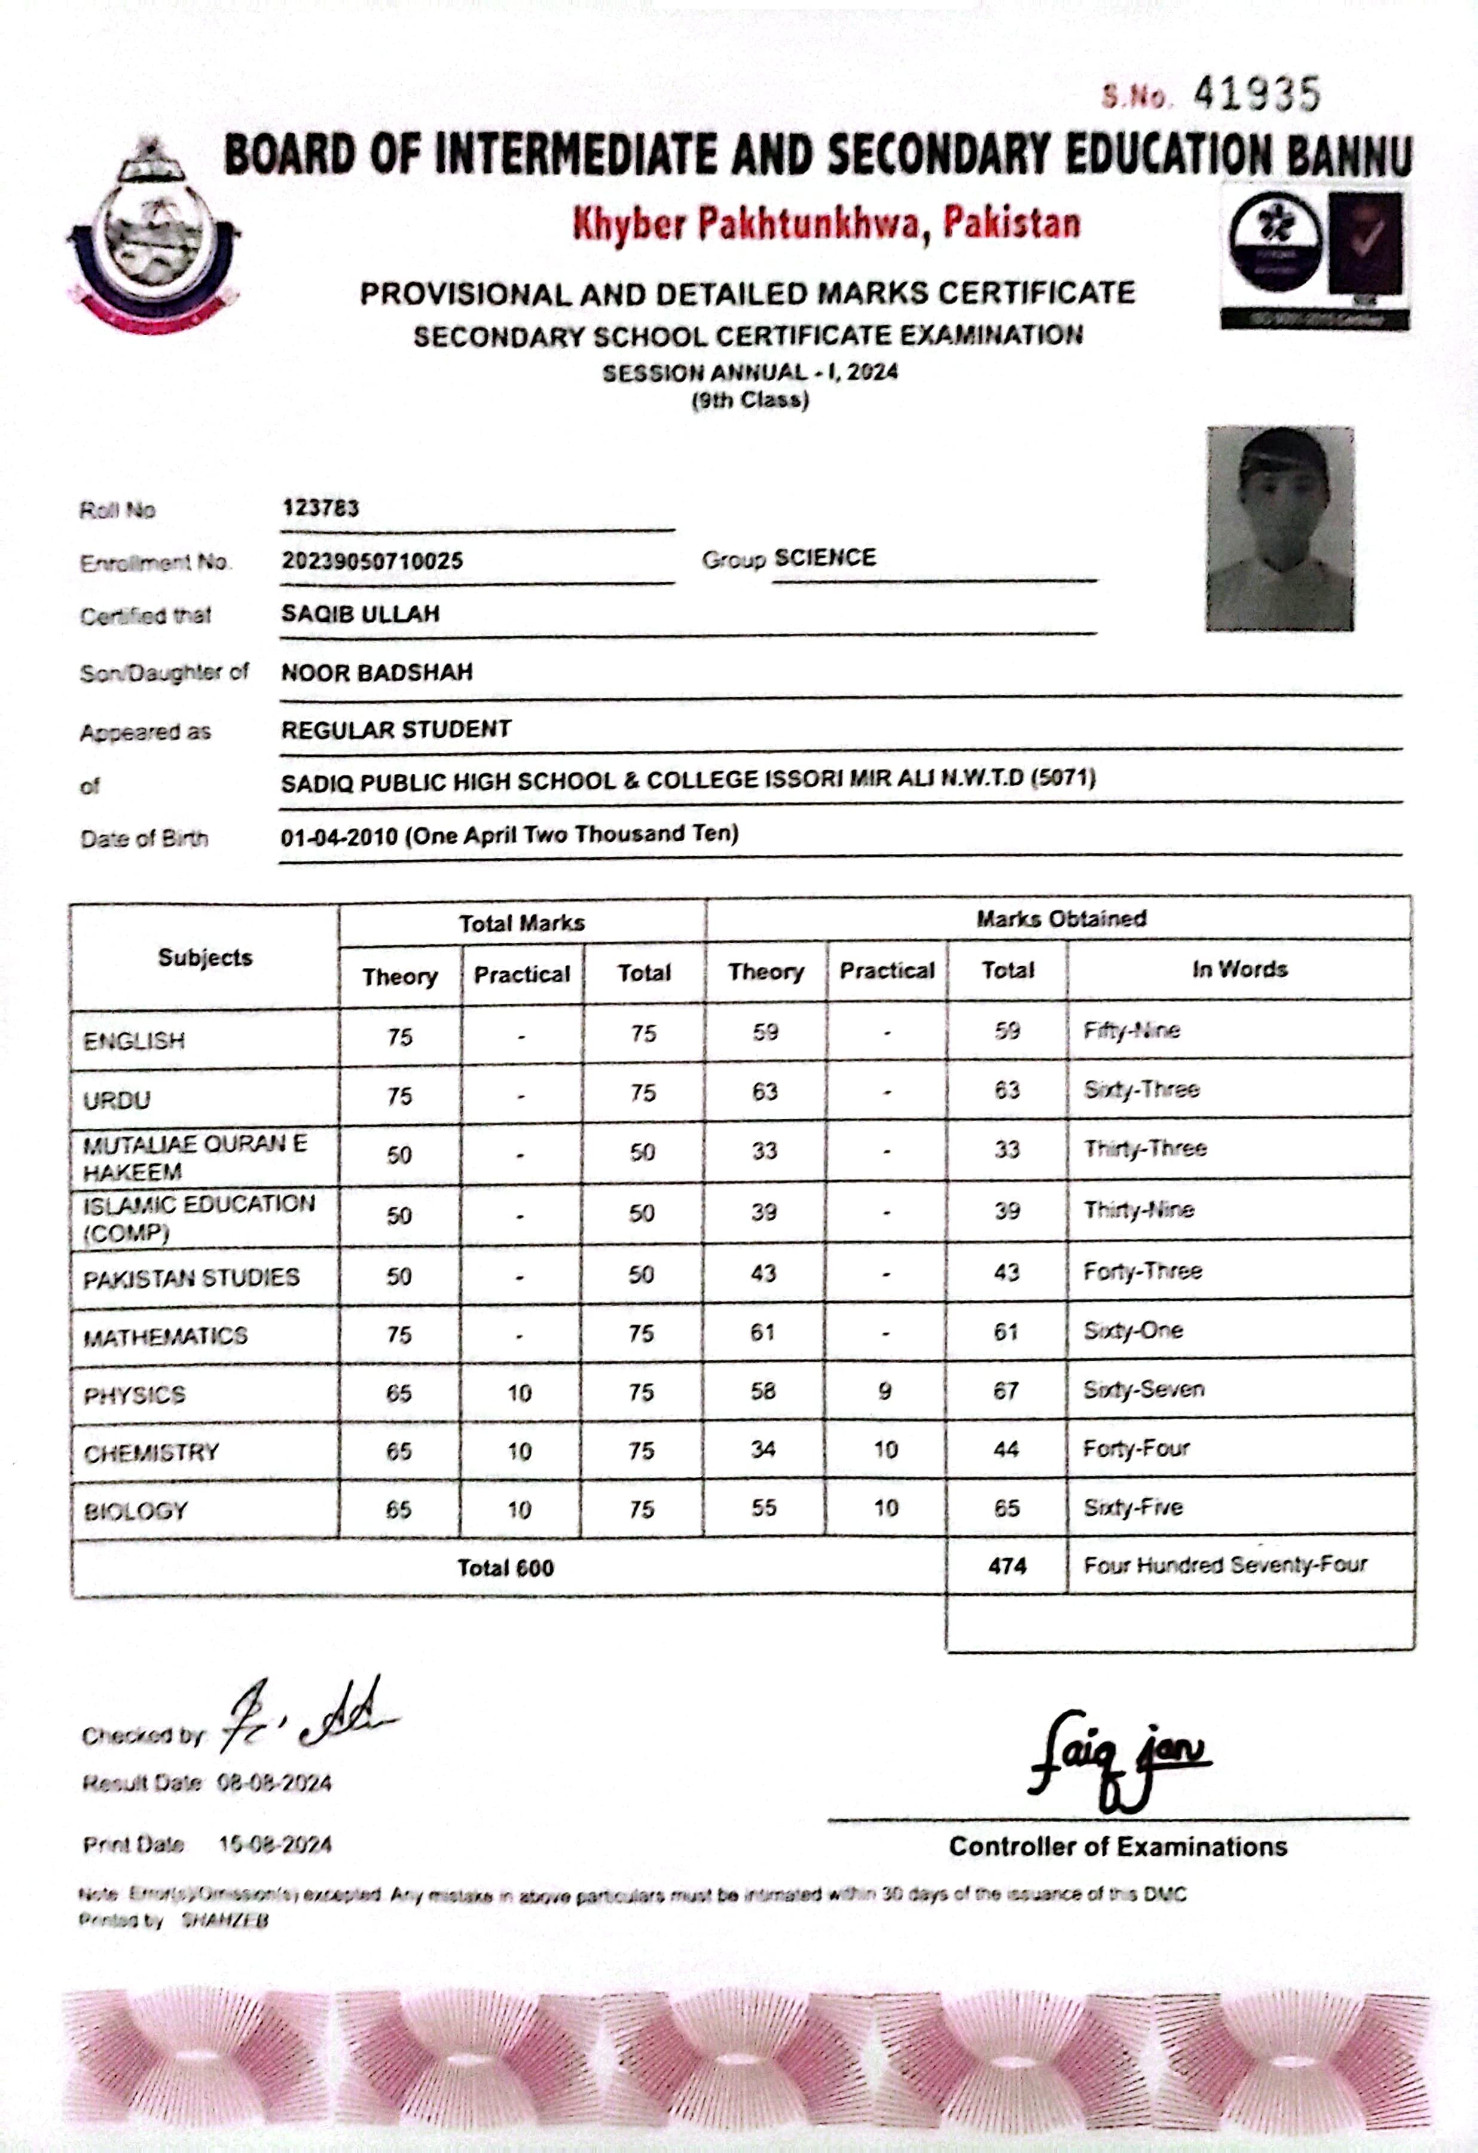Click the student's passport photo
tap(1279, 529)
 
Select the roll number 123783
tap(320, 508)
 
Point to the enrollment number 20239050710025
tap(372, 560)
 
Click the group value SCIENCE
tap(824, 558)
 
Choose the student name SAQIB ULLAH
tap(361, 613)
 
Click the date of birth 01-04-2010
tap(338, 836)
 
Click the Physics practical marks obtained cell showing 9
tap(885, 1391)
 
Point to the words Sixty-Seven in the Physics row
tap(1144, 1389)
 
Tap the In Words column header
tap(1239, 969)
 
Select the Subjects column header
tap(205, 957)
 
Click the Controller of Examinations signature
tap(1117, 1758)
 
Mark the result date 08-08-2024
tap(274, 1784)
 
